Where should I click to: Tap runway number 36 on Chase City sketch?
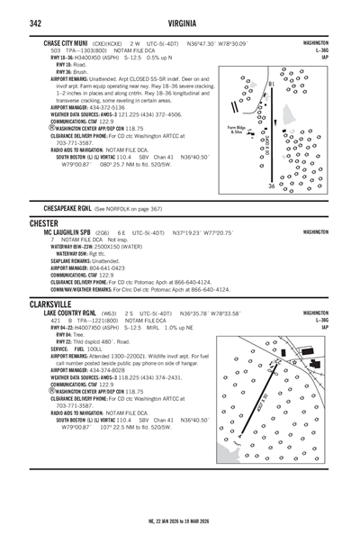pos(270,186)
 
